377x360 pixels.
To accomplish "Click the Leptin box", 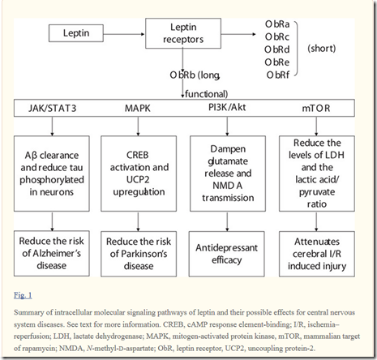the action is coord(76,33).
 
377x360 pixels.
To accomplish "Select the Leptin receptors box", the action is coord(183,33).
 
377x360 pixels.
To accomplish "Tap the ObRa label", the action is coord(277,24).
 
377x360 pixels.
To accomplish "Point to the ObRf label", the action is coord(278,75).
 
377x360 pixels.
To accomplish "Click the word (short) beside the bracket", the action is coord(322,49).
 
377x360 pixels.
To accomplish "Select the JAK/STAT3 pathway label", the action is coord(53,109).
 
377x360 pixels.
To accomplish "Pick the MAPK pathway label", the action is coord(138,109).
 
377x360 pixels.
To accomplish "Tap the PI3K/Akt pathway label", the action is coord(227,108).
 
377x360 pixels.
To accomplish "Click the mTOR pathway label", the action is coord(316,109).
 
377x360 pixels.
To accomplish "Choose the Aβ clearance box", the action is coord(52,174).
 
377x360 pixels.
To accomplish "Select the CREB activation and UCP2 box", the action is coord(139,174).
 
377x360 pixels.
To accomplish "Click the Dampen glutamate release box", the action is coord(228,174).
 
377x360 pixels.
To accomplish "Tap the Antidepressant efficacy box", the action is coord(226,254).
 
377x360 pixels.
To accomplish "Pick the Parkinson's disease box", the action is coord(139,254).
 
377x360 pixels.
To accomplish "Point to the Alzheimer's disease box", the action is coord(52,253).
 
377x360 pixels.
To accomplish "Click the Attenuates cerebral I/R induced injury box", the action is coord(317,254).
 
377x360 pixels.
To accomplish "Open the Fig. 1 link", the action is coord(23,295).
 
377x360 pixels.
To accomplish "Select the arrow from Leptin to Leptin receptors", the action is coord(124,34).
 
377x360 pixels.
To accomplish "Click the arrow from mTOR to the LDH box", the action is coord(316,126).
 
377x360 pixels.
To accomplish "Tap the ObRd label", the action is coord(277,49).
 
